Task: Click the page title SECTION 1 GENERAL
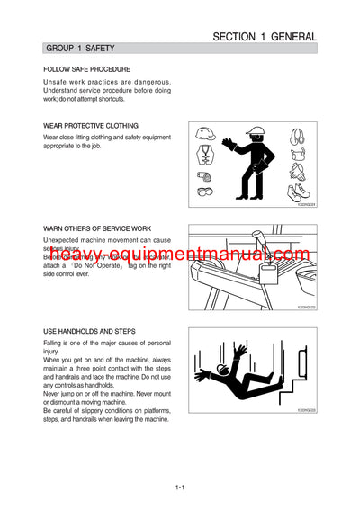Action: pos(264,37)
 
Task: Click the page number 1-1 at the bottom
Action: pos(180,487)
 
